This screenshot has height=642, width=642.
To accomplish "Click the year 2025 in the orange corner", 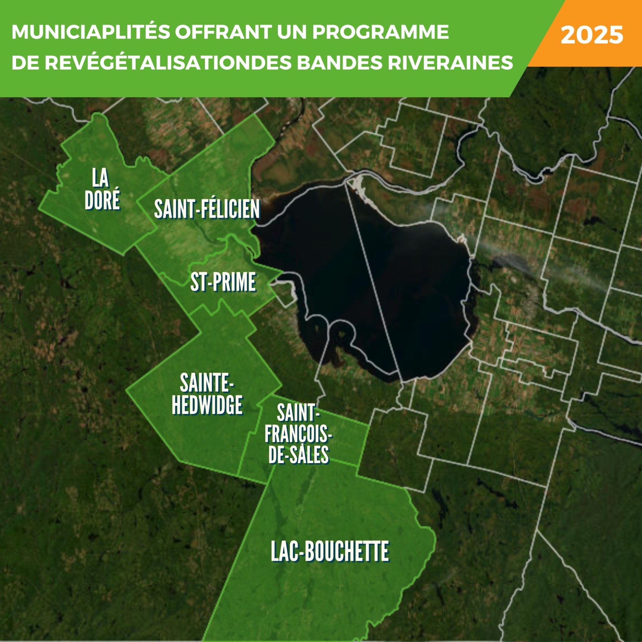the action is (x=592, y=35).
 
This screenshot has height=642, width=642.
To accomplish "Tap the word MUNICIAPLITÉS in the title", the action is (x=91, y=32).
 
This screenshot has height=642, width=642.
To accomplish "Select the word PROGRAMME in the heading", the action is (x=381, y=32).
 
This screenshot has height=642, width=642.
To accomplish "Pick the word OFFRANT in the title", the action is (x=223, y=32).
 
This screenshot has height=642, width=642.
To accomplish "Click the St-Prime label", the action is (x=223, y=282).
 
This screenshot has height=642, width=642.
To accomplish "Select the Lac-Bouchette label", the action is (x=330, y=551).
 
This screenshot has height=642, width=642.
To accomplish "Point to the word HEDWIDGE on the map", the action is (x=207, y=405).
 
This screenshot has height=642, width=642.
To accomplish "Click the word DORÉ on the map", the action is (x=102, y=200).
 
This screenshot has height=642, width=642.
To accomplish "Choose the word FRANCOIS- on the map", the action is (x=298, y=434).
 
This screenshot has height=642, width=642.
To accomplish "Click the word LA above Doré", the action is (x=100, y=178).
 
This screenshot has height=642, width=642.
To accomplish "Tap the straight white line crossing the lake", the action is (x=373, y=281).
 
